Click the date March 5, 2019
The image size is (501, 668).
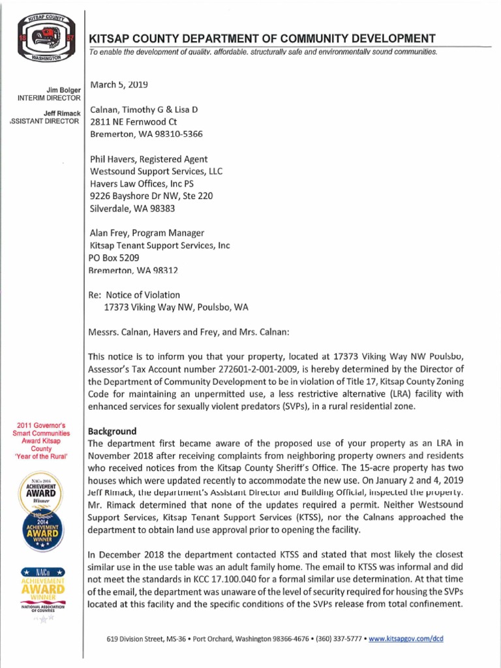119,85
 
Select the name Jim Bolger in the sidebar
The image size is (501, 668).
65,89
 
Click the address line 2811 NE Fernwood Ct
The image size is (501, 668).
133,122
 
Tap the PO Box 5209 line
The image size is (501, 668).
114,258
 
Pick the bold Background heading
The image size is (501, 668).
112,431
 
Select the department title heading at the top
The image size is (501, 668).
262,38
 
